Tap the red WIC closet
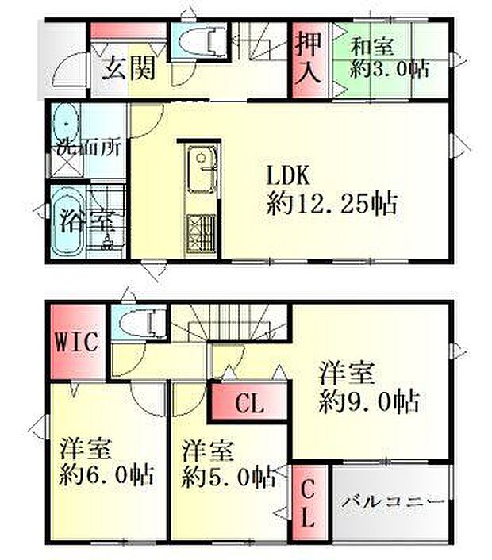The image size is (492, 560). point(76,343)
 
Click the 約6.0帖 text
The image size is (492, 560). point(107,478)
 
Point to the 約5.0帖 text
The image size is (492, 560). point(229,478)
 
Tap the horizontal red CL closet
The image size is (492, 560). point(248,405)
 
